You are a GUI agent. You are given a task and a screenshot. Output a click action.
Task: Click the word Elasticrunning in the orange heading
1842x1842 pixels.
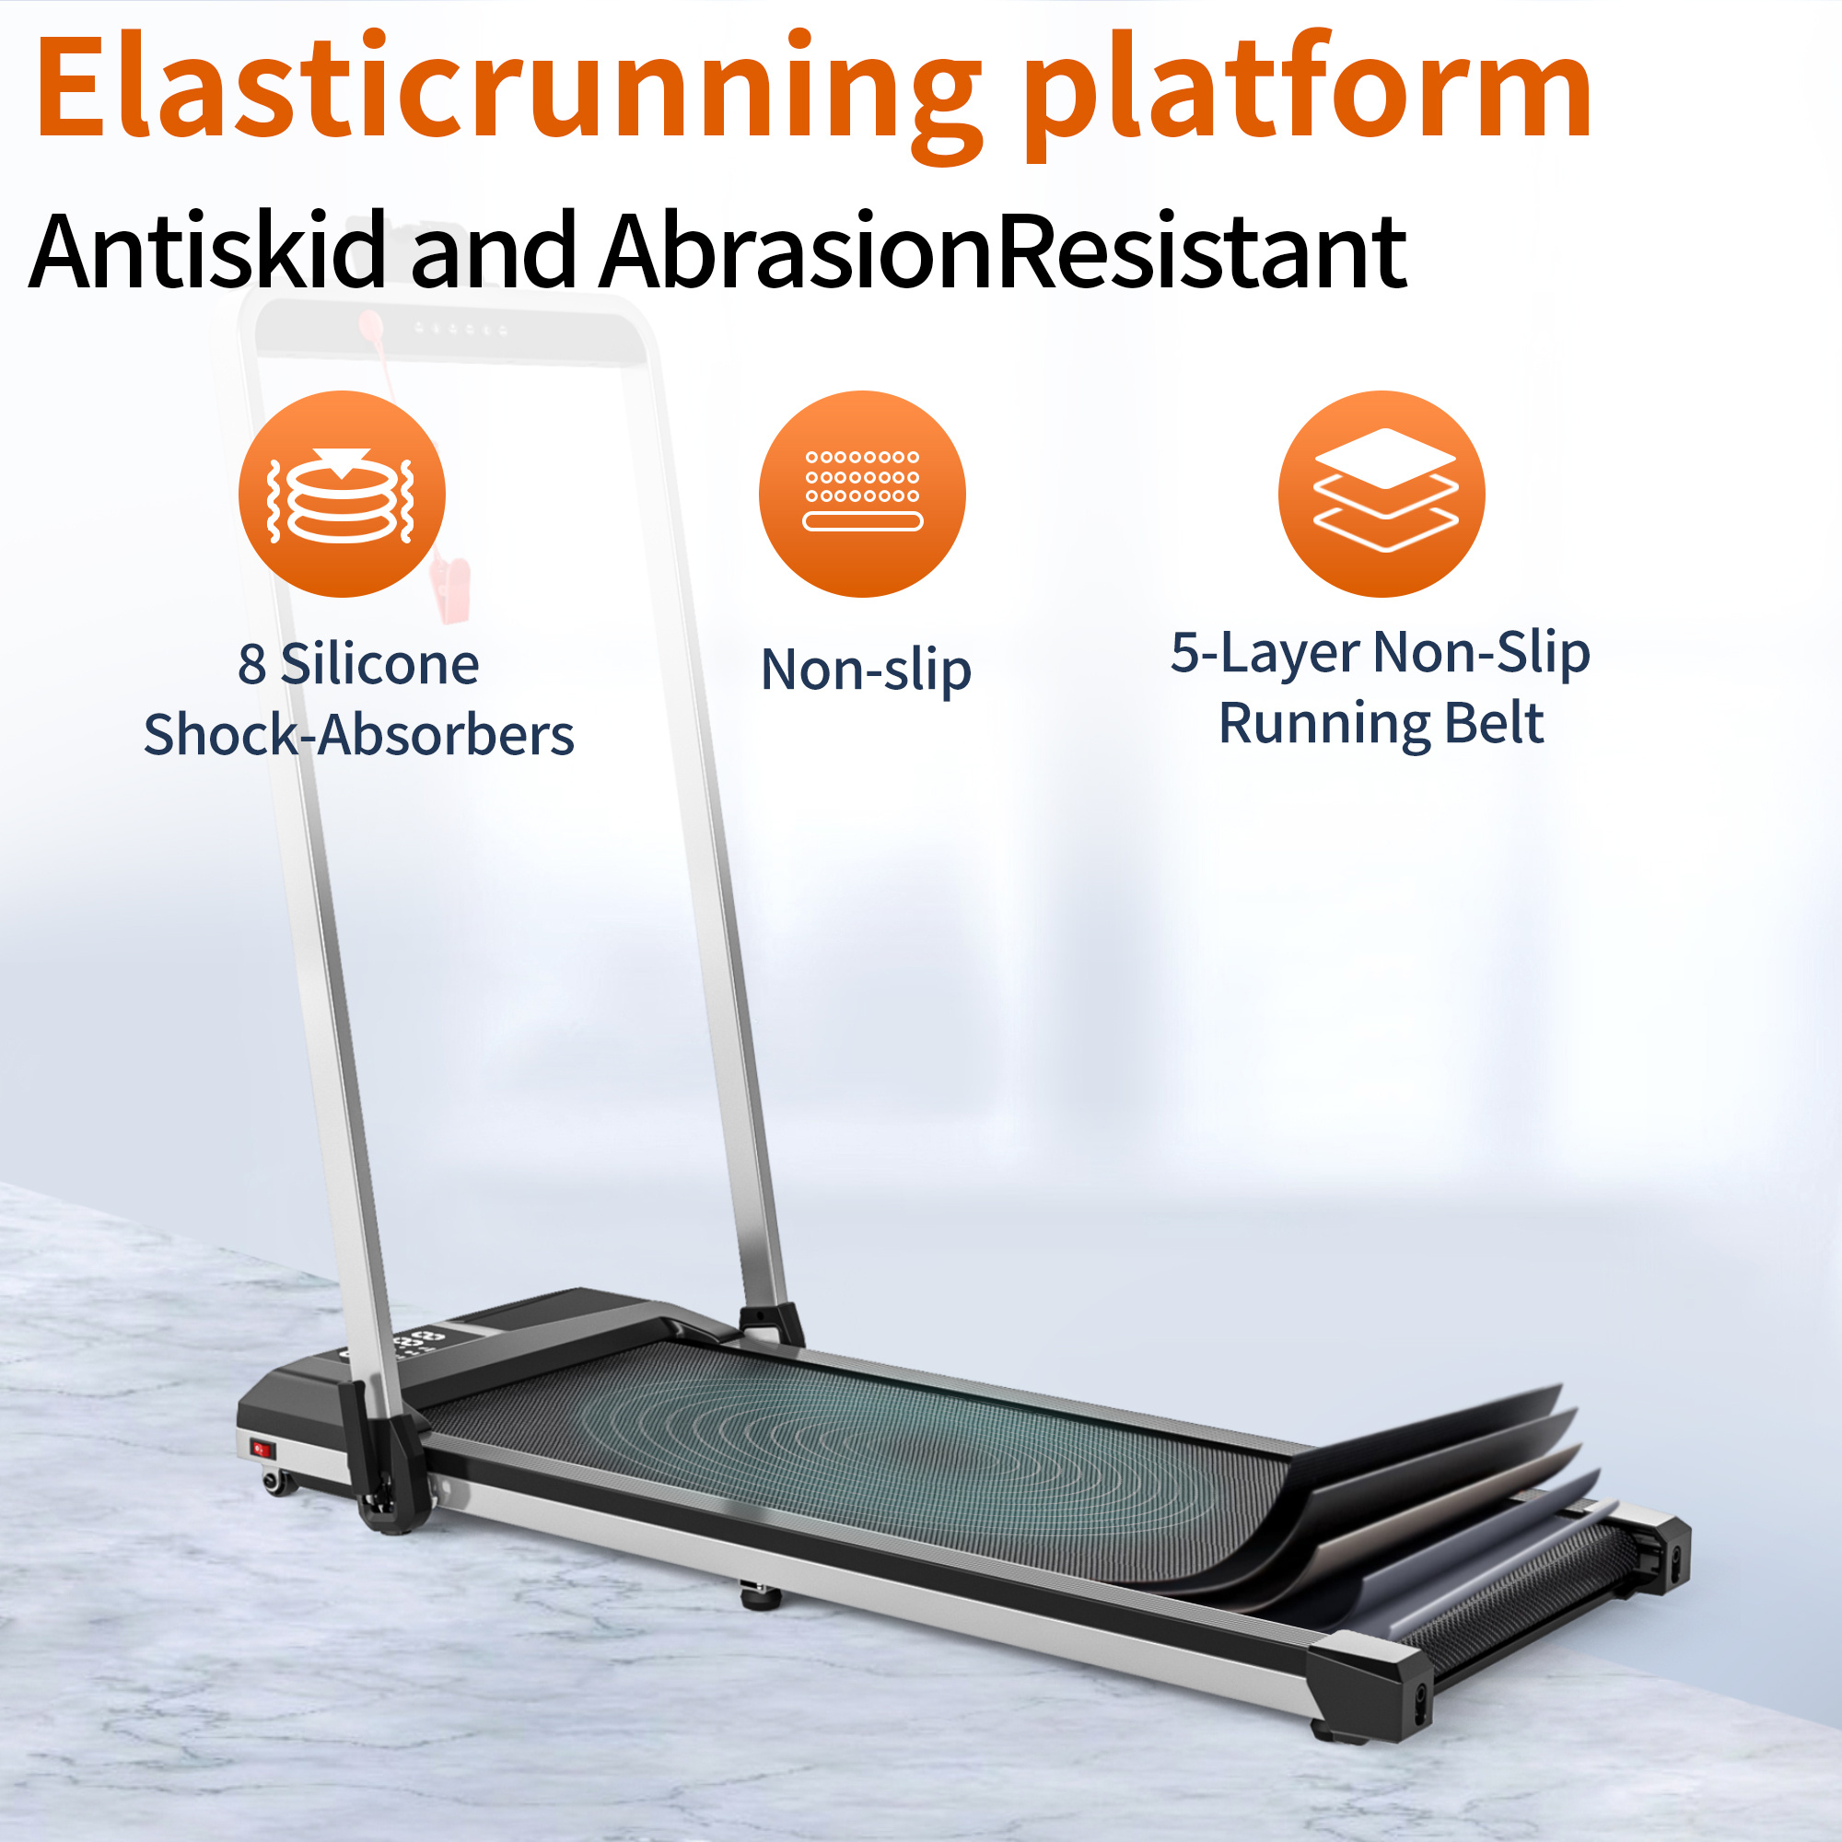tap(506, 90)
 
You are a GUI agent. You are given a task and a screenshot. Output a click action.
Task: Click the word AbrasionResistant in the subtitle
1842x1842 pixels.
tap(1001, 250)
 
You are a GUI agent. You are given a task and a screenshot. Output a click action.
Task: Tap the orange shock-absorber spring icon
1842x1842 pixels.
tap(342, 494)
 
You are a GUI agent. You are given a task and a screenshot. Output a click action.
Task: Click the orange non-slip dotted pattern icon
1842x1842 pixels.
tap(862, 494)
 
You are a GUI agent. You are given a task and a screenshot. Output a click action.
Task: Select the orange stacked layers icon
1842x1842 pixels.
tap(1381, 494)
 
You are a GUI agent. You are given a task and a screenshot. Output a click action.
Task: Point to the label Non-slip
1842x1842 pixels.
tap(866, 670)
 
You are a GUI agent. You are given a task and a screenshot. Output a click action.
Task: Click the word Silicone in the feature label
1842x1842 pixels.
tap(379, 663)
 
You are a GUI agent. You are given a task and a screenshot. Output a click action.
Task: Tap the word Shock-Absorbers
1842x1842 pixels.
tap(358, 735)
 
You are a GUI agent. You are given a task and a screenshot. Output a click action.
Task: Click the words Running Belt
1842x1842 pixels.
tap(1381, 724)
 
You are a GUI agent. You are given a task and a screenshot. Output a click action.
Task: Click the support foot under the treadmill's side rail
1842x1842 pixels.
tap(760, 1591)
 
